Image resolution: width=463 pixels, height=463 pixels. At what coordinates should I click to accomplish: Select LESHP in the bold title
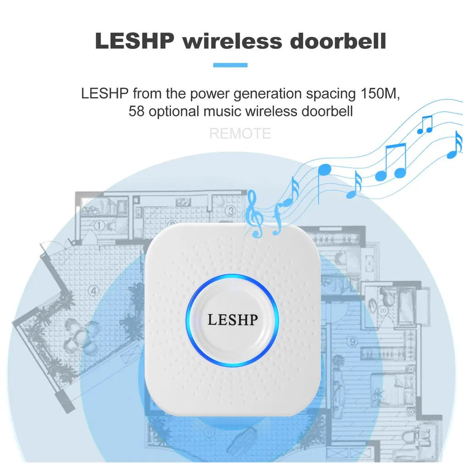[x=135, y=41]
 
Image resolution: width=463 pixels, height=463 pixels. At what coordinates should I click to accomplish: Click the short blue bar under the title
[x=230, y=66]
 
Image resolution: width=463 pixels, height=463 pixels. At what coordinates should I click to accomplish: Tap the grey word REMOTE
[x=240, y=134]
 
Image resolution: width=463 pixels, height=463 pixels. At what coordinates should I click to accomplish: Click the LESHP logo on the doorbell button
[x=232, y=320]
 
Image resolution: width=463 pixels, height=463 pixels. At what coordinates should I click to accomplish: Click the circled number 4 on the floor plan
[x=94, y=290]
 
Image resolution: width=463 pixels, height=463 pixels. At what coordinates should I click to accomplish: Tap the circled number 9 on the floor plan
[x=352, y=341]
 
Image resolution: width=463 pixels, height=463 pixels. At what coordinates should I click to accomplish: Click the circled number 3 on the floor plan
[x=231, y=211]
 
